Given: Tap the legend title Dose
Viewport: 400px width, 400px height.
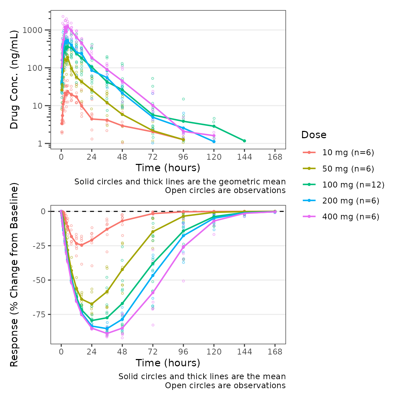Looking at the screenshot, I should coord(314,135).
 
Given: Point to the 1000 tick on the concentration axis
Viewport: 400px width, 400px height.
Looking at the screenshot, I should coord(32,30).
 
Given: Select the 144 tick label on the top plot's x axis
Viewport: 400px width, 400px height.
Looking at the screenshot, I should coord(244,157).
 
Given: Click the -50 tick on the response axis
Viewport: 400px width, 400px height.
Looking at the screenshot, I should coord(39,280).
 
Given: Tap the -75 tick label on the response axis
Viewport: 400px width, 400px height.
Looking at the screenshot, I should coord(39,315).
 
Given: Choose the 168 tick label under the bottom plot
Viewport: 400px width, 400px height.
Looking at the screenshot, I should coord(275,352).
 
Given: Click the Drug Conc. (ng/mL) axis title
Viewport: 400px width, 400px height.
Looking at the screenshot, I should coord(14,80).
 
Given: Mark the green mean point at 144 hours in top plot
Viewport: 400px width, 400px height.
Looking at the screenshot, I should coord(244,141).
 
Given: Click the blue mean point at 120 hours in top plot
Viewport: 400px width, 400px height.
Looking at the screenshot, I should coord(214,141).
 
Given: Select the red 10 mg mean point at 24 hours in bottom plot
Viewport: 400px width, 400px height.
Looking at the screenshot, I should coord(92,240).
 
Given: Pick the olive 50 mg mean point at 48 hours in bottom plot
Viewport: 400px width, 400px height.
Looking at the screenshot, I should coord(122,269).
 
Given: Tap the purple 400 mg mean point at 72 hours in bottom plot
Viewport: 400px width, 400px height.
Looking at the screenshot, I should coord(153,293).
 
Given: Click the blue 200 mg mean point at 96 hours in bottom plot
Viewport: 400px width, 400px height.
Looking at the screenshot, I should coord(183,236).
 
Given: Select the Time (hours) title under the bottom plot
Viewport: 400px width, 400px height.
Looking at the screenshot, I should coord(168,363).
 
